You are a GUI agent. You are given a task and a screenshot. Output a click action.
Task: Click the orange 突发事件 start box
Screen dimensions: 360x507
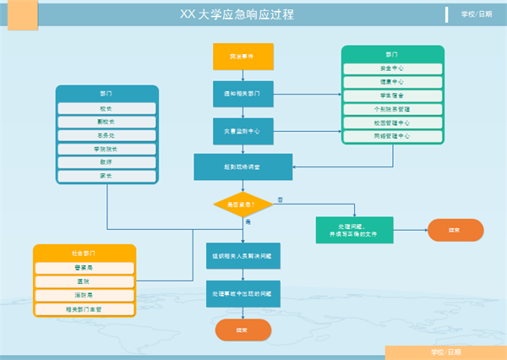click(x=243, y=57)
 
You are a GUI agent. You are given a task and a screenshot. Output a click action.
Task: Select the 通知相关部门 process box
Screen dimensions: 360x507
click(x=243, y=94)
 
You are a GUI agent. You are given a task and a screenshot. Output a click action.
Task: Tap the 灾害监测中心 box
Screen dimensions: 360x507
click(x=243, y=130)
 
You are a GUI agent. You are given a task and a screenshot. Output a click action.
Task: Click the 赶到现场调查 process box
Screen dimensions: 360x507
click(x=243, y=166)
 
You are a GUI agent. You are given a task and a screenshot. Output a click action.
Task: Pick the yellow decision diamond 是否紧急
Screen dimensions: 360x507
click(x=243, y=204)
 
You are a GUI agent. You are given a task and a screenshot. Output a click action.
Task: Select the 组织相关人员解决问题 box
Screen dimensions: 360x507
click(x=243, y=255)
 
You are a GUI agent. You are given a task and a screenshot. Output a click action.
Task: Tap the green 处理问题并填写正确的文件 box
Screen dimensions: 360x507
click(x=355, y=230)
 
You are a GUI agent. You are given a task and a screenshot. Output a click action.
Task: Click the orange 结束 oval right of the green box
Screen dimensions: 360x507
click(x=455, y=230)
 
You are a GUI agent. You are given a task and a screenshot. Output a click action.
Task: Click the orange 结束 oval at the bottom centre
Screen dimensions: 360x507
click(x=243, y=330)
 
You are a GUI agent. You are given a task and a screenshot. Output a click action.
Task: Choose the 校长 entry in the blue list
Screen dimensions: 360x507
click(x=107, y=108)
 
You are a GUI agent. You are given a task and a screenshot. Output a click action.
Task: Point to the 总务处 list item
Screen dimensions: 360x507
click(x=107, y=135)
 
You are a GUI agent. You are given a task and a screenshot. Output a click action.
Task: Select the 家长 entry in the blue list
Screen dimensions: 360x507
click(x=107, y=176)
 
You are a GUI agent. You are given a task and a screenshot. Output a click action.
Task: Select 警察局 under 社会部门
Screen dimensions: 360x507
click(x=84, y=268)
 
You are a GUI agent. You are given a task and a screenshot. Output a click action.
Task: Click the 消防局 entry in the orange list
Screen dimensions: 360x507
click(x=84, y=295)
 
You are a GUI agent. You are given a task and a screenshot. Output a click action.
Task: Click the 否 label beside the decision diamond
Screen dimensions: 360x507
click(x=281, y=199)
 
